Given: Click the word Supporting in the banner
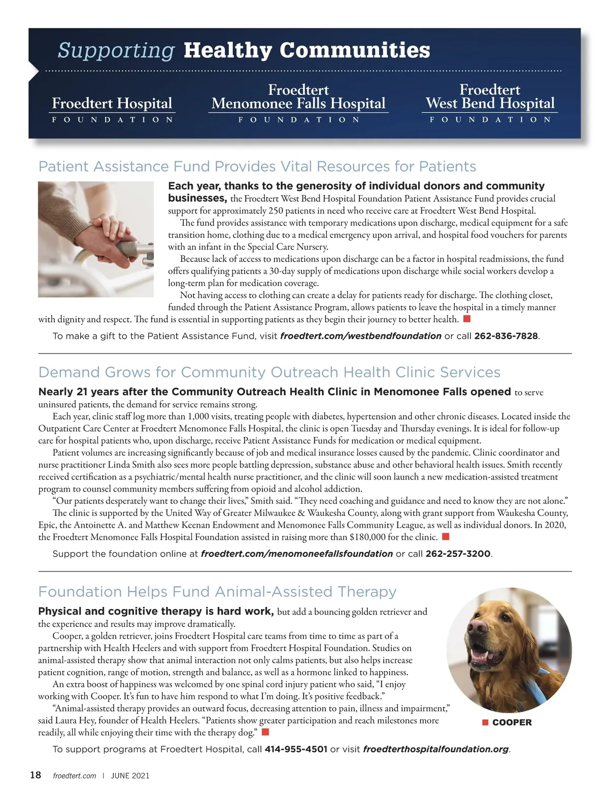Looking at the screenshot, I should (x=116, y=50).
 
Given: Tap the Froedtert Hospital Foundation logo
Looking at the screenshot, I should (x=112, y=109).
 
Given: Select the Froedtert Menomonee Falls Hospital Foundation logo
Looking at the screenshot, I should (x=298, y=104).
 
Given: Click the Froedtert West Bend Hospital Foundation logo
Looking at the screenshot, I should (x=490, y=104).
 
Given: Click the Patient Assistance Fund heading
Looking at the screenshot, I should (x=257, y=167).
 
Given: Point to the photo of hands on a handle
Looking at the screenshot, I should (x=96, y=239).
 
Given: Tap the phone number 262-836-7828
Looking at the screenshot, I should (x=505, y=336).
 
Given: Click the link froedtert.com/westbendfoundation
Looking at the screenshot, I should (x=360, y=336).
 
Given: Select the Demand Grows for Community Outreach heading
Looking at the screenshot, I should (x=269, y=372).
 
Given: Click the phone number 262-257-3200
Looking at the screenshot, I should (x=458, y=554).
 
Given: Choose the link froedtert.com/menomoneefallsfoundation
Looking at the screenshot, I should (x=297, y=554).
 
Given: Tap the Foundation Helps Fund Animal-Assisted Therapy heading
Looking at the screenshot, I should (x=217, y=592).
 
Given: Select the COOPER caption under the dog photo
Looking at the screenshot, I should (x=512, y=722).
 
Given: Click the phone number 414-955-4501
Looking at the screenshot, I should (x=296, y=749).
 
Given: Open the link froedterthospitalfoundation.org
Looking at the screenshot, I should (x=436, y=749).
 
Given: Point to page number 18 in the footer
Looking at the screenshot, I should (x=36, y=775).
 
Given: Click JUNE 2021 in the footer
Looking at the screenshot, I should (x=130, y=776).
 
